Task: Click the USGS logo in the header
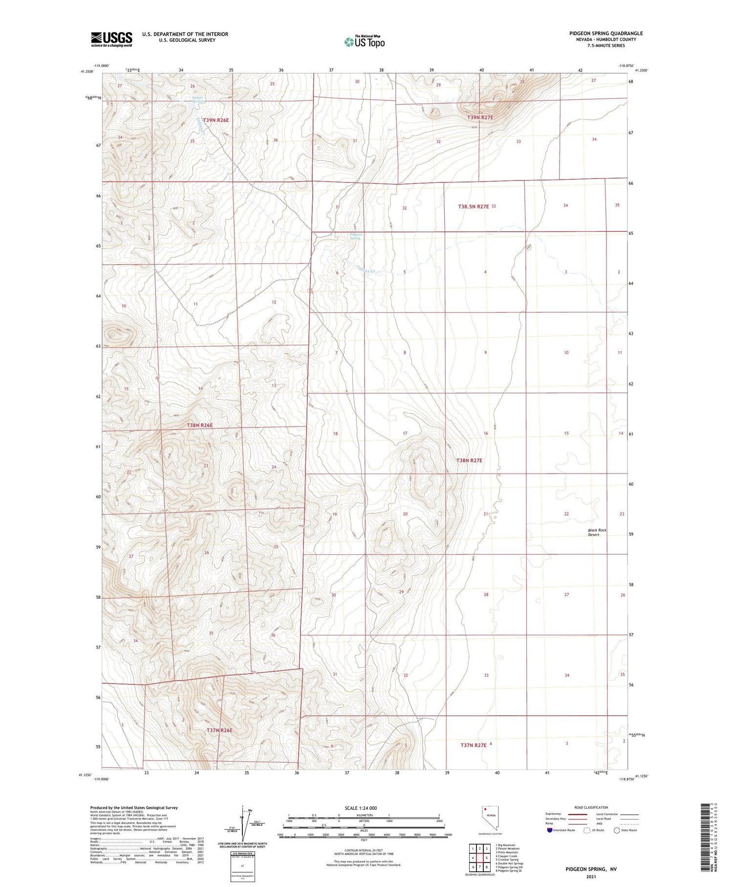click(x=111, y=39)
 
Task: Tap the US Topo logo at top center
click(x=365, y=42)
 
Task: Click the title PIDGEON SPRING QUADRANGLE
click(x=606, y=33)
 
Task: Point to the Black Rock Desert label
click(x=597, y=532)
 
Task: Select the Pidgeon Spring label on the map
click(x=355, y=236)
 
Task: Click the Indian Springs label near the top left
click(x=197, y=99)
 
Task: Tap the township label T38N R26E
click(x=200, y=426)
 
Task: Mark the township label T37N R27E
click(x=473, y=745)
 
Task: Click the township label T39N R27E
click(x=480, y=118)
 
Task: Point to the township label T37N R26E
click(x=219, y=730)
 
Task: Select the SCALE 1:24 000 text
click(x=361, y=808)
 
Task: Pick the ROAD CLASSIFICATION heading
click(x=591, y=807)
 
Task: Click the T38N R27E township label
click(x=469, y=460)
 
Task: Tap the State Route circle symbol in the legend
click(x=617, y=830)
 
